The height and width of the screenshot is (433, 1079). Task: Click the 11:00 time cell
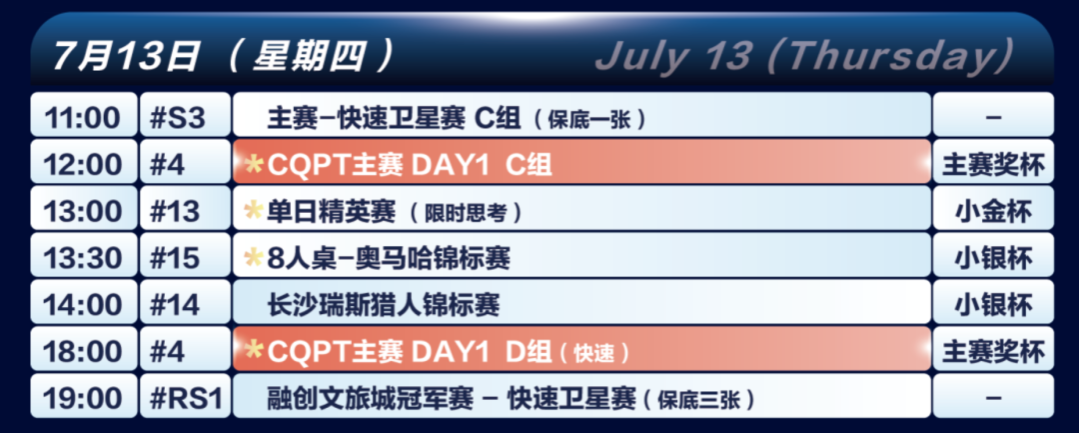pos(83,115)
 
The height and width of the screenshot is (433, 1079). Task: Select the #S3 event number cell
pos(185,115)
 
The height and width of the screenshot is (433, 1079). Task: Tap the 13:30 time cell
pos(83,255)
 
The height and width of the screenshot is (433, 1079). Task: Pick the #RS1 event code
pos(185,396)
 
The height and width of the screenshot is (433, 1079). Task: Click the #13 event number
pos(185,209)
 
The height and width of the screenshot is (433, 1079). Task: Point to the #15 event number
pos(185,255)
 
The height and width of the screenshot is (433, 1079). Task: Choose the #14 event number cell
pos(185,302)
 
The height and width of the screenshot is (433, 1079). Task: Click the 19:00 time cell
pos(83,396)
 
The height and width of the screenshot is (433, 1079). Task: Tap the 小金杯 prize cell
pos(993,209)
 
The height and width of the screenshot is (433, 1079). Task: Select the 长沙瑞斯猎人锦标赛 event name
pos(383,304)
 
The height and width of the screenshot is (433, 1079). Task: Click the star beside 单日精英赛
pos(254,210)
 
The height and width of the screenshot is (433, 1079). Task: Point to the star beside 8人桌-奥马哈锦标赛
pos(254,257)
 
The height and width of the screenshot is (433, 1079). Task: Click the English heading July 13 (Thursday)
pos(804,54)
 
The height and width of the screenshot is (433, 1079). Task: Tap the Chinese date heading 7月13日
pos(125,55)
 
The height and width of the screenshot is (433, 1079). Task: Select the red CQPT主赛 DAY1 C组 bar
pos(581,162)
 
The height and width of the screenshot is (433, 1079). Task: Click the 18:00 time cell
pos(83,349)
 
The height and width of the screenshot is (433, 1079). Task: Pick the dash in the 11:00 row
pos(993,116)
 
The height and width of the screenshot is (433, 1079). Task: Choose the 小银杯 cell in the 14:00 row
pos(993,302)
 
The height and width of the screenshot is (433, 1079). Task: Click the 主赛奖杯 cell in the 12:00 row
pos(993,162)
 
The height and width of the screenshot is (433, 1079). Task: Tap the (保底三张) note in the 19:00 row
pos(697,399)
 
